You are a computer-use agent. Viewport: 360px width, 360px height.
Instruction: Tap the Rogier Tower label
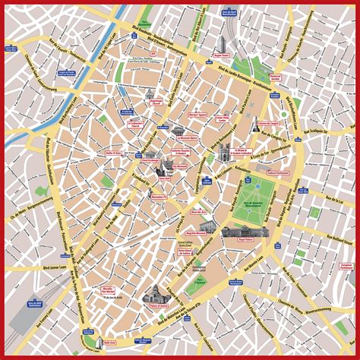tap(221, 55)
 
